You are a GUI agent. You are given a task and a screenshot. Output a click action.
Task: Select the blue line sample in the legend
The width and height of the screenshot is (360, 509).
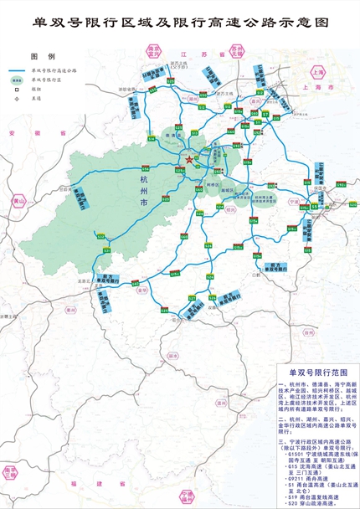click(x=20, y=69)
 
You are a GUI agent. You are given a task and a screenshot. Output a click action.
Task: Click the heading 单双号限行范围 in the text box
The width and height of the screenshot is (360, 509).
click(x=311, y=369)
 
